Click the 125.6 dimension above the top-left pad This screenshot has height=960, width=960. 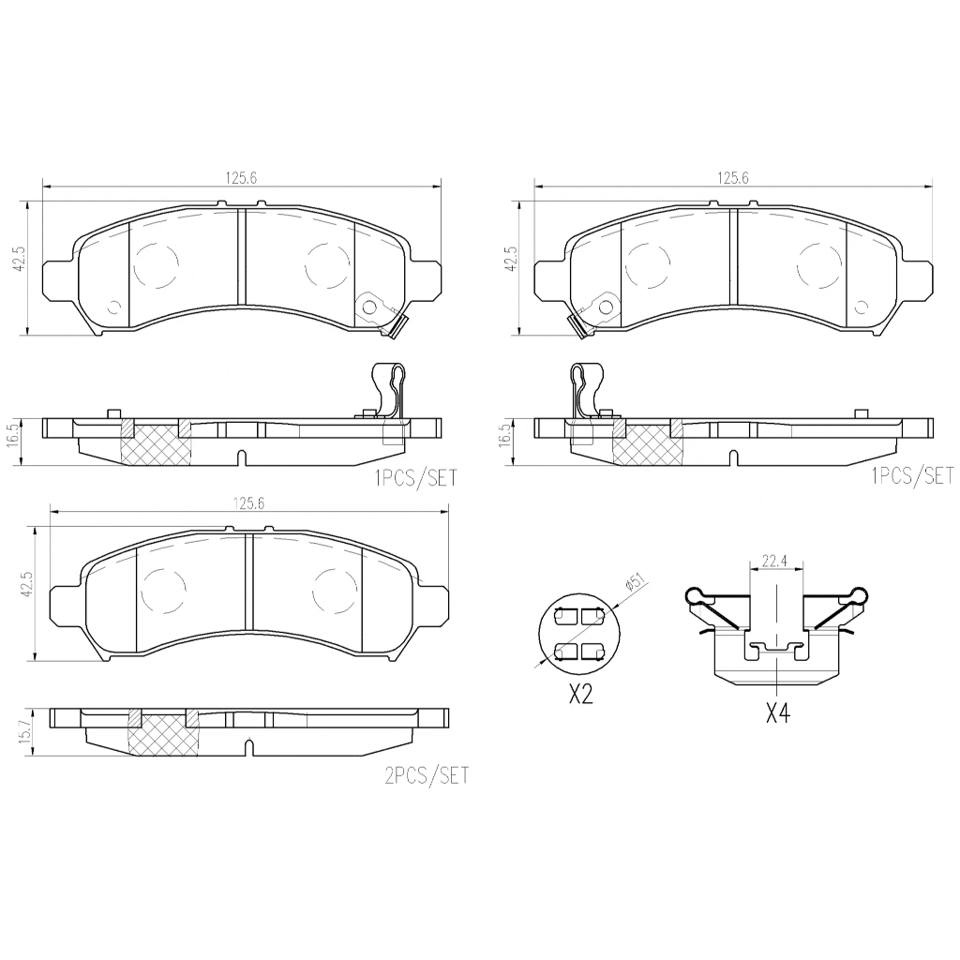241,178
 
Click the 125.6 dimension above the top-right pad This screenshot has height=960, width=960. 733,178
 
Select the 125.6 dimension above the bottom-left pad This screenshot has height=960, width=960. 247,503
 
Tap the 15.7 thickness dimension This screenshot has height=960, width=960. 25,732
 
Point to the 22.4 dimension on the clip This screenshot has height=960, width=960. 773,561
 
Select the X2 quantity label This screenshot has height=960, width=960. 580,695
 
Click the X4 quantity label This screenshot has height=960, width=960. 777,713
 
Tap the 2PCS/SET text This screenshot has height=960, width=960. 427,775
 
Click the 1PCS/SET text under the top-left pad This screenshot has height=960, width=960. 415,478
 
